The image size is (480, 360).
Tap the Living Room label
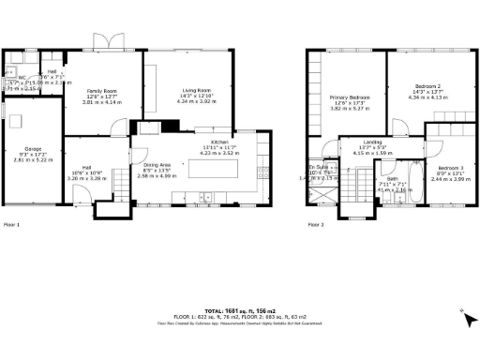(x=197, y=90)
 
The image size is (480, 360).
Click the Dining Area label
(x=157, y=165)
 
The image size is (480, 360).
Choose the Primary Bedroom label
(x=349, y=97)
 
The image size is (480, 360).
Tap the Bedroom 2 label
(x=426, y=86)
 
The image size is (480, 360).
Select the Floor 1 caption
(x=12, y=225)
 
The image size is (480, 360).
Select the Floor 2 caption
(x=316, y=225)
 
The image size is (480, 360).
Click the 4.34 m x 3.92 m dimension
(x=197, y=101)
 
